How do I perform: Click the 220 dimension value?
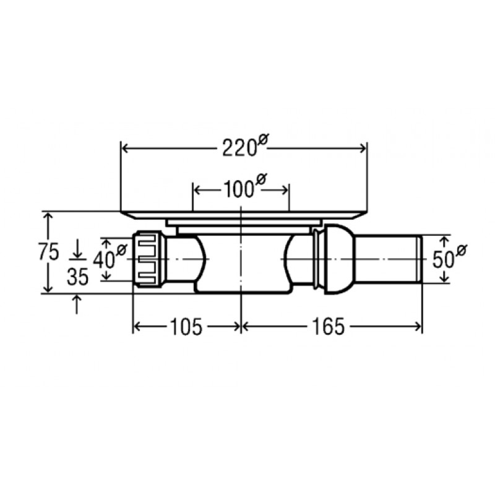(x=239, y=148)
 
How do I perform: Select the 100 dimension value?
(x=239, y=190)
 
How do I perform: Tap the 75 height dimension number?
(x=49, y=252)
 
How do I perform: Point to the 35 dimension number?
(x=78, y=277)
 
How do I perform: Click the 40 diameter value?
(x=104, y=260)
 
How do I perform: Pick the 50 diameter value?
(x=443, y=259)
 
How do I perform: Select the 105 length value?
(x=186, y=327)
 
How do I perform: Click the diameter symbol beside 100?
(x=261, y=179)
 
